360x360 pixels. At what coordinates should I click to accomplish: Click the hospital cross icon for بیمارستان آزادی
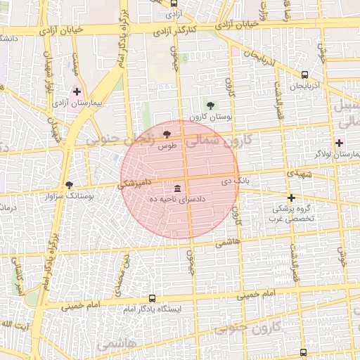click(x=77, y=91)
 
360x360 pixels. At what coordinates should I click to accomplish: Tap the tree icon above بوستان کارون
click(x=210, y=105)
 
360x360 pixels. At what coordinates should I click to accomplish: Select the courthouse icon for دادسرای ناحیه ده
click(x=176, y=188)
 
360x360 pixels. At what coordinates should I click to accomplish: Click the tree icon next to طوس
click(x=167, y=134)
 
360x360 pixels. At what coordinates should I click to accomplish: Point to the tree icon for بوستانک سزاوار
click(x=69, y=185)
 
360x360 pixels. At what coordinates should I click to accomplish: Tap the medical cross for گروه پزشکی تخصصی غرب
click(x=291, y=197)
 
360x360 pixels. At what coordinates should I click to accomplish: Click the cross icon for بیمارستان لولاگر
click(x=339, y=142)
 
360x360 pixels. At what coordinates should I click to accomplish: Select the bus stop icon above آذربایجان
click(x=304, y=75)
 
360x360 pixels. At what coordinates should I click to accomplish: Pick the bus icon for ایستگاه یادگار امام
click(x=152, y=298)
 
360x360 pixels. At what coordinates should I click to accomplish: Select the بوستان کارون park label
click(x=210, y=117)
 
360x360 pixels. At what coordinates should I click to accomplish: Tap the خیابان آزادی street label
click(x=67, y=30)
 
